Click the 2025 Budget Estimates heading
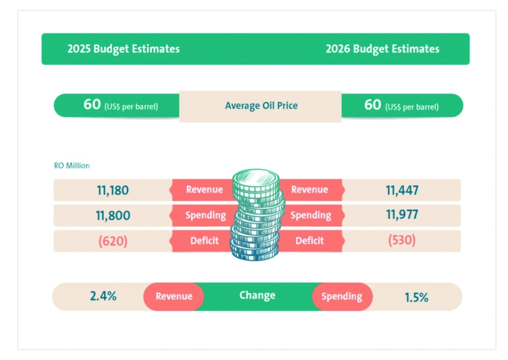[x=123, y=49]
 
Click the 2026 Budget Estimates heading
[x=383, y=49]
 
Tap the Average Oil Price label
[x=261, y=106]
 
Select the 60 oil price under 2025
[x=92, y=105]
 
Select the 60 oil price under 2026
[x=373, y=105]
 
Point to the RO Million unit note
[x=72, y=165]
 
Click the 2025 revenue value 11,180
[x=113, y=190]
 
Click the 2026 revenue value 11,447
[x=402, y=190]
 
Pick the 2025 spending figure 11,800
[x=113, y=215]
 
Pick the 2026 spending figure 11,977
[x=402, y=215]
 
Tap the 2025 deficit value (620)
[x=113, y=241]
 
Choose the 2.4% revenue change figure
[x=103, y=296]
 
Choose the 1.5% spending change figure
[x=417, y=297]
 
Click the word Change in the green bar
[x=257, y=295]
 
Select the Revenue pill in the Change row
[x=174, y=296]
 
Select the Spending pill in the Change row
[x=342, y=296]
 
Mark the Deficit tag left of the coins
[x=204, y=241]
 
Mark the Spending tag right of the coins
[x=310, y=215]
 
